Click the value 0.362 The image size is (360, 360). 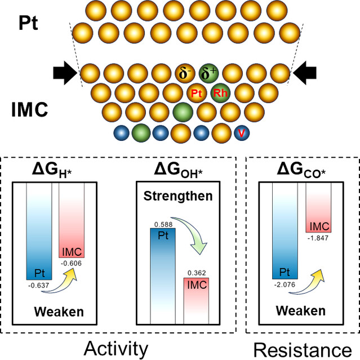point(195,273)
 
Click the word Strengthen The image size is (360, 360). point(177,197)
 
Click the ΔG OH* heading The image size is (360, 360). point(177,169)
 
